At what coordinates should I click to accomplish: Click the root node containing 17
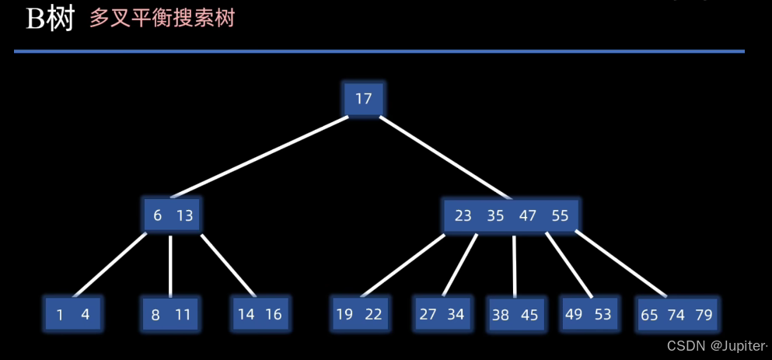pos(363,99)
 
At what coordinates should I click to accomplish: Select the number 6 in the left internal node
pos(158,215)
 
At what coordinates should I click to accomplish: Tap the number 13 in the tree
pos(184,215)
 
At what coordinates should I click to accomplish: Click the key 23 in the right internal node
pos(463,215)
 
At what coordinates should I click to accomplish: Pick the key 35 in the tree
pos(496,215)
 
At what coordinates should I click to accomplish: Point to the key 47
pos(528,215)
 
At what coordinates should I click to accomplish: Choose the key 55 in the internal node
pos(561,215)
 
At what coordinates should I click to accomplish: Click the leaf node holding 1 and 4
pos(73,315)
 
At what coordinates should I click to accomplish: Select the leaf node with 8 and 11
pos(170,315)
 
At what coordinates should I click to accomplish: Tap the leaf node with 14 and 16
pos(260,315)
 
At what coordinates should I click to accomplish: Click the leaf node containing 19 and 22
pos(359,314)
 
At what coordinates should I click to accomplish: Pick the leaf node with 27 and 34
pos(442,314)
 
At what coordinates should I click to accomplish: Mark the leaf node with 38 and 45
pos(515,315)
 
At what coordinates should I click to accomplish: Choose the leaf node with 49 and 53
pos(589,314)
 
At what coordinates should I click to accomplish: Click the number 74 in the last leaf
pos(676,315)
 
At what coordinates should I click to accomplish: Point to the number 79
pos(704,315)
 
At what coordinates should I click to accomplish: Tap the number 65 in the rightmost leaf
pos(650,315)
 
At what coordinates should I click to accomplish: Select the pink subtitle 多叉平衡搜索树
pos(162,19)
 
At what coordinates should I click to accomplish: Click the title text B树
pos(51,19)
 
